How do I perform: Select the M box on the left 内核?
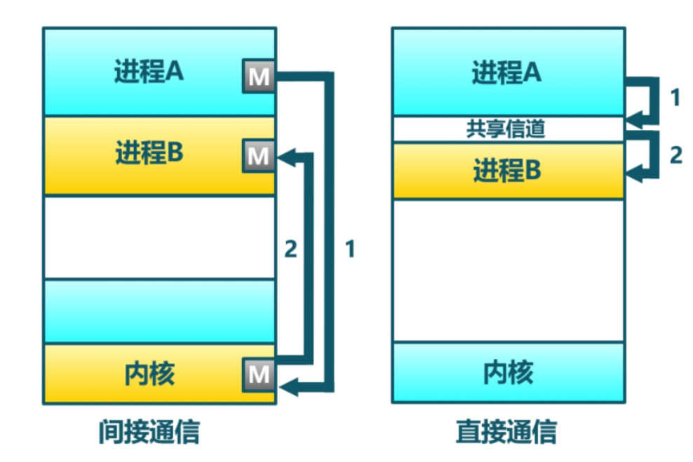point(259,374)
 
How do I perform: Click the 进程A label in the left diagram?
point(149,72)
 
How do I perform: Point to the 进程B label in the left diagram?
point(149,152)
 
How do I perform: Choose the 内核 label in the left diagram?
point(149,374)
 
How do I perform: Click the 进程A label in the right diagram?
point(506,72)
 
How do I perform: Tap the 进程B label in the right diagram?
point(506,171)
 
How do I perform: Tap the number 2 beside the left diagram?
point(290,249)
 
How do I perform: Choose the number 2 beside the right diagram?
point(675,155)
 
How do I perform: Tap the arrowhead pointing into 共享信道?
point(633,117)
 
